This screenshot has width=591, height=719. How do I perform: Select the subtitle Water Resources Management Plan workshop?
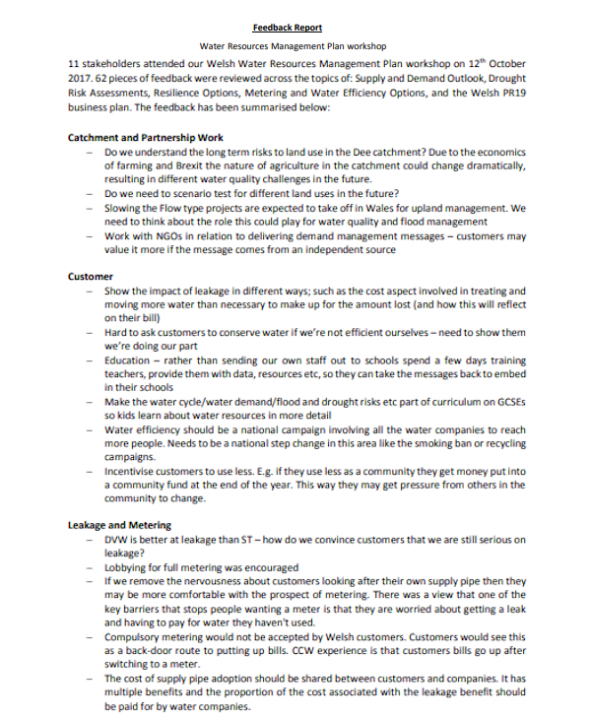pyautogui.click(x=294, y=45)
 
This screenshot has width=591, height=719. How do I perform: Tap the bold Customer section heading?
pyautogui.click(x=91, y=277)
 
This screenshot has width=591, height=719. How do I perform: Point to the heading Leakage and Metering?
pyautogui.click(x=119, y=525)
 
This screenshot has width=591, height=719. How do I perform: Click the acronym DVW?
pyautogui.click(x=115, y=542)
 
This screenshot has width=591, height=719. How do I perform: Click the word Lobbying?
pyautogui.click(x=125, y=568)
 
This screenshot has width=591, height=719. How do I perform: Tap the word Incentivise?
pyautogui.click(x=133, y=472)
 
